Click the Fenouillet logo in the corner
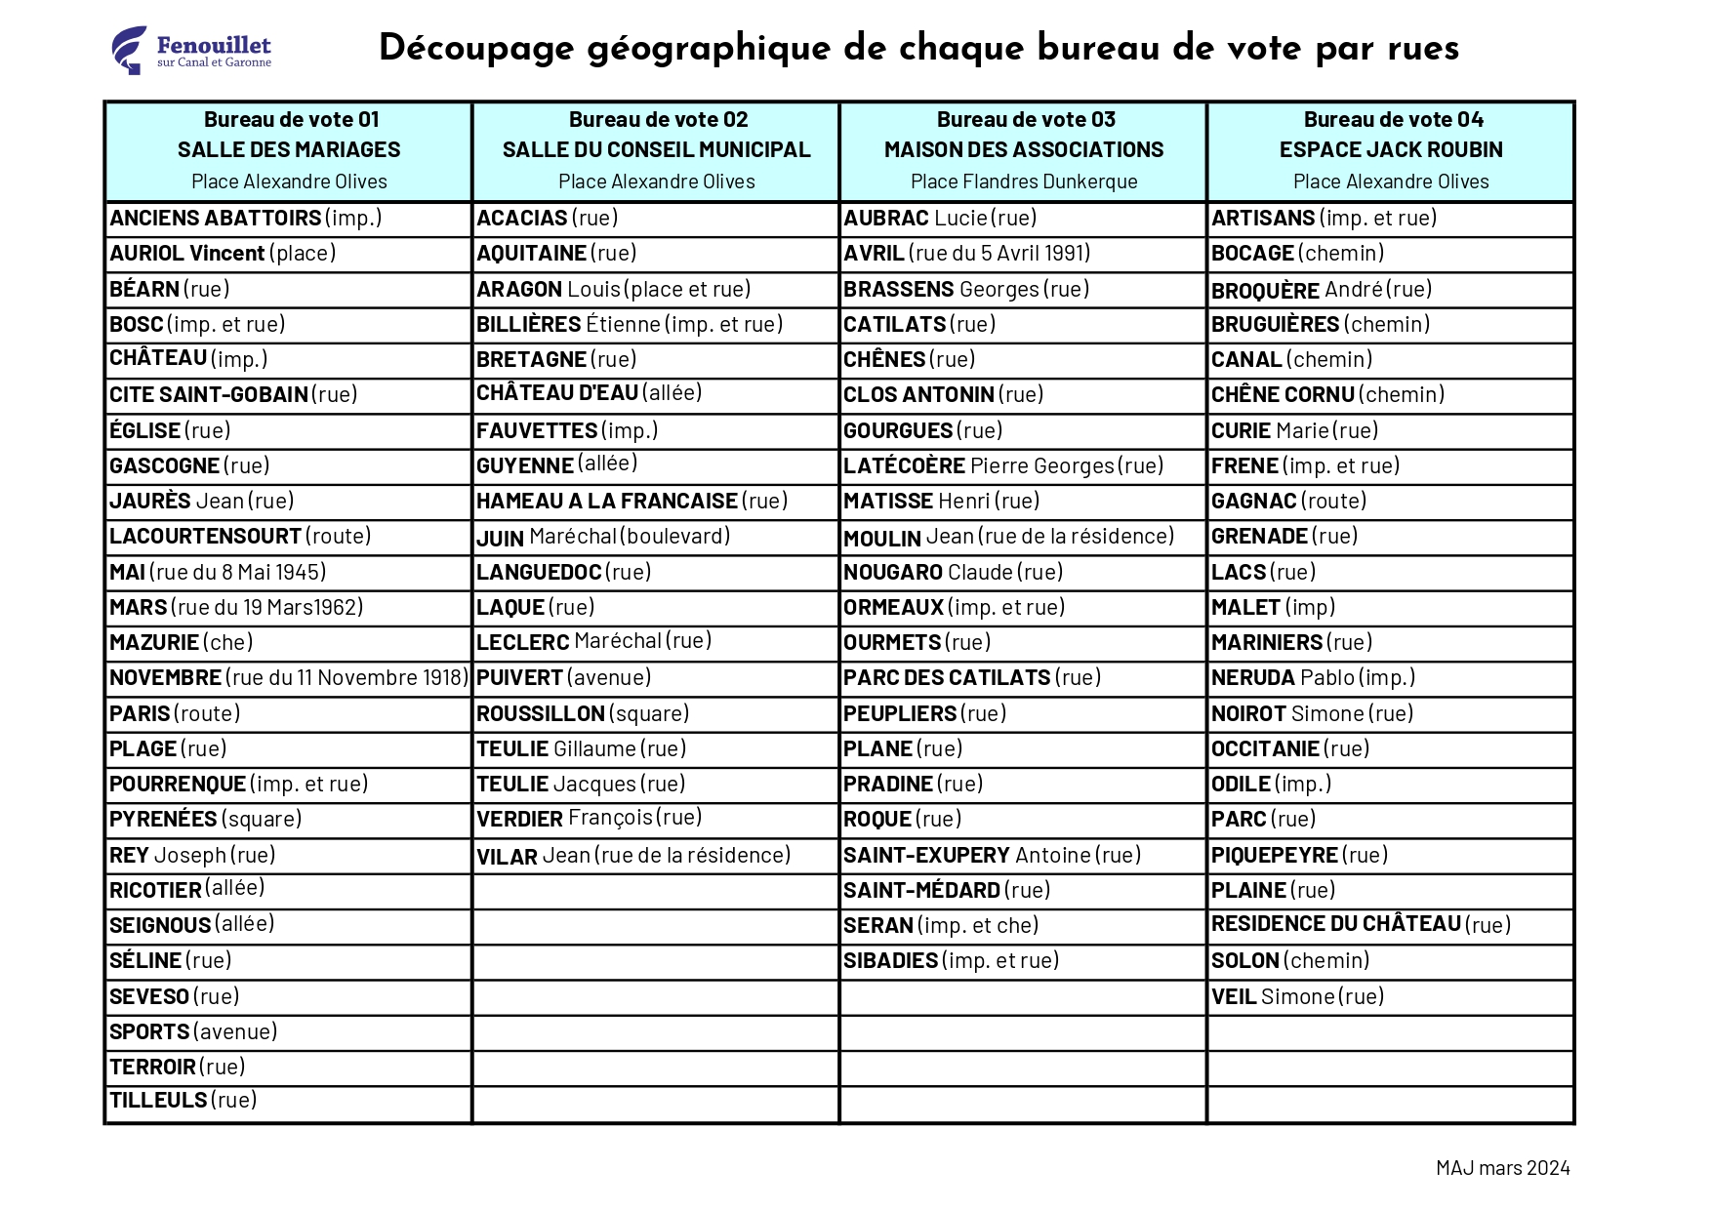coord(190,50)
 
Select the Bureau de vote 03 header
coord(1025,120)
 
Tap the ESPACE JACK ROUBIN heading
coord(1390,150)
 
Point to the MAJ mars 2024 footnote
coord(1502,1168)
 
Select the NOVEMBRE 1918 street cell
coord(288,678)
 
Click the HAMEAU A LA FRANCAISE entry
coord(631,502)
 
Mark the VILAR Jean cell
coord(632,856)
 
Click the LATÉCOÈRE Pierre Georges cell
coord(1002,466)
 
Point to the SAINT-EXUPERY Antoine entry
coord(992,856)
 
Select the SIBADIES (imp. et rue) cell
coord(951,961)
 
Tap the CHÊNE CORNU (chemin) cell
coord(1326,395)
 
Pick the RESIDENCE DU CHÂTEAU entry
coord(1360,924)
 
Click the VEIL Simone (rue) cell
coord(1297,997)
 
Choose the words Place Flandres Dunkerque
coord(1023,181)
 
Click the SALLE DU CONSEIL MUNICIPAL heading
coord(656,150)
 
